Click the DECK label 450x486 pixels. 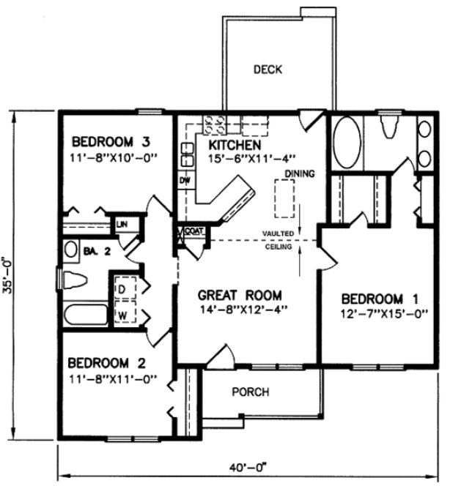(268, 70)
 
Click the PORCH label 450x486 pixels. (250, 392)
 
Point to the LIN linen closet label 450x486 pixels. (119, 223)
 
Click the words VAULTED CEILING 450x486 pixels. (279, 239)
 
